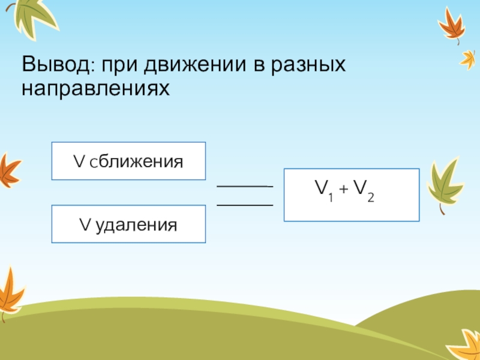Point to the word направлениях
pyautogui.click(x=96, y=89)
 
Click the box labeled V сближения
pyautogui.click(x=128, y=161)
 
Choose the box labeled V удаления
pyautogui.click(x=128, y=224)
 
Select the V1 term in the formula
pyautogui.click(x=326, y=191)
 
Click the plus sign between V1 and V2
pyautogui.click(x=343, y=190)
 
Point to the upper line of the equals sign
pyautogui.click(x=244, y=187)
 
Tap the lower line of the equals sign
pyautogui.click(x=244, y=205)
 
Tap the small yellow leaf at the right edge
pyautogui.click(x=468, y=58)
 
